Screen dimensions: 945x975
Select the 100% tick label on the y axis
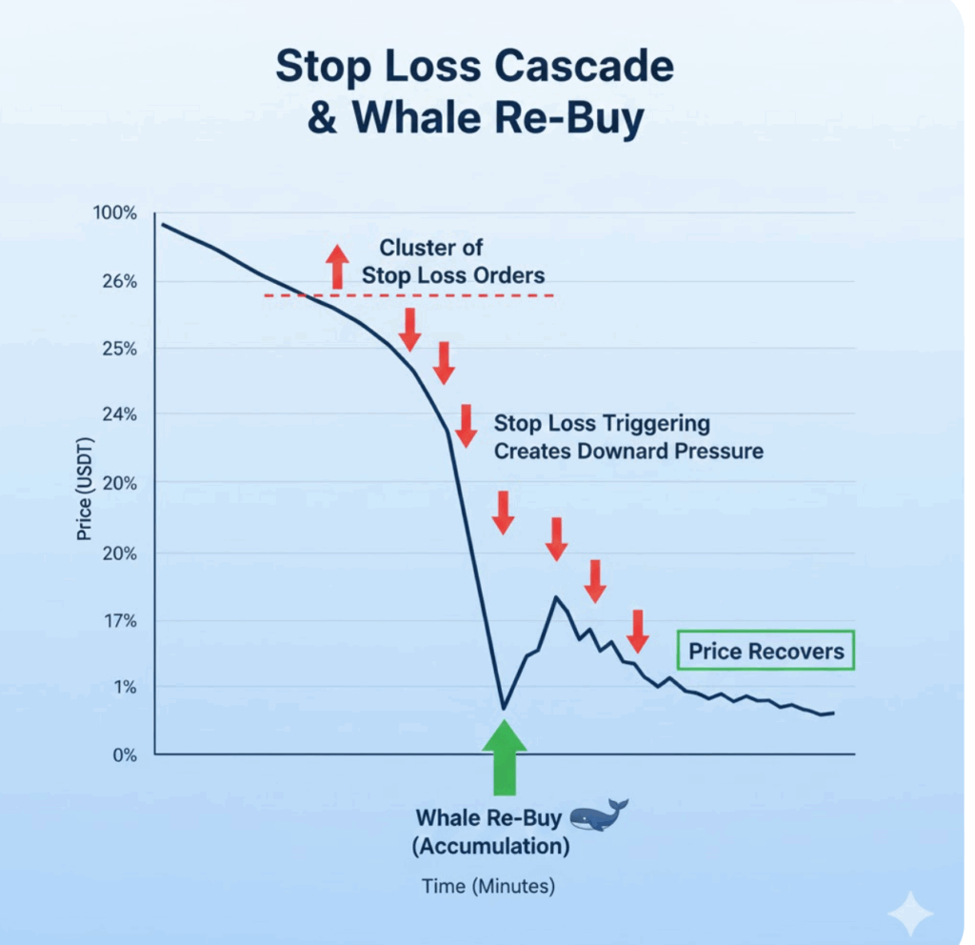click(116, 213)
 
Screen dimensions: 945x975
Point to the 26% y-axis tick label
click(120, 282)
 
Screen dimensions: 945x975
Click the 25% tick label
click(120, 349)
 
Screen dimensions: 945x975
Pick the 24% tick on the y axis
click(120, 414)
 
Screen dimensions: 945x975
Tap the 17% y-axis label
click(120, 621)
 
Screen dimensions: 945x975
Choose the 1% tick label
click(124, 688)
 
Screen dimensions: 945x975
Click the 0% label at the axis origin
click(124, 755)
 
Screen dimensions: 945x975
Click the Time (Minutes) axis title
click(487, 886)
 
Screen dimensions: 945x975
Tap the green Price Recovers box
click(766, 652)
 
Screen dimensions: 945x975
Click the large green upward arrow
click(503, 756)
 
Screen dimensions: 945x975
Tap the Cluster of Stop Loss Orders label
click(453, 262)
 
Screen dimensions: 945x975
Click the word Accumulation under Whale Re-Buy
click(492, 845)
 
